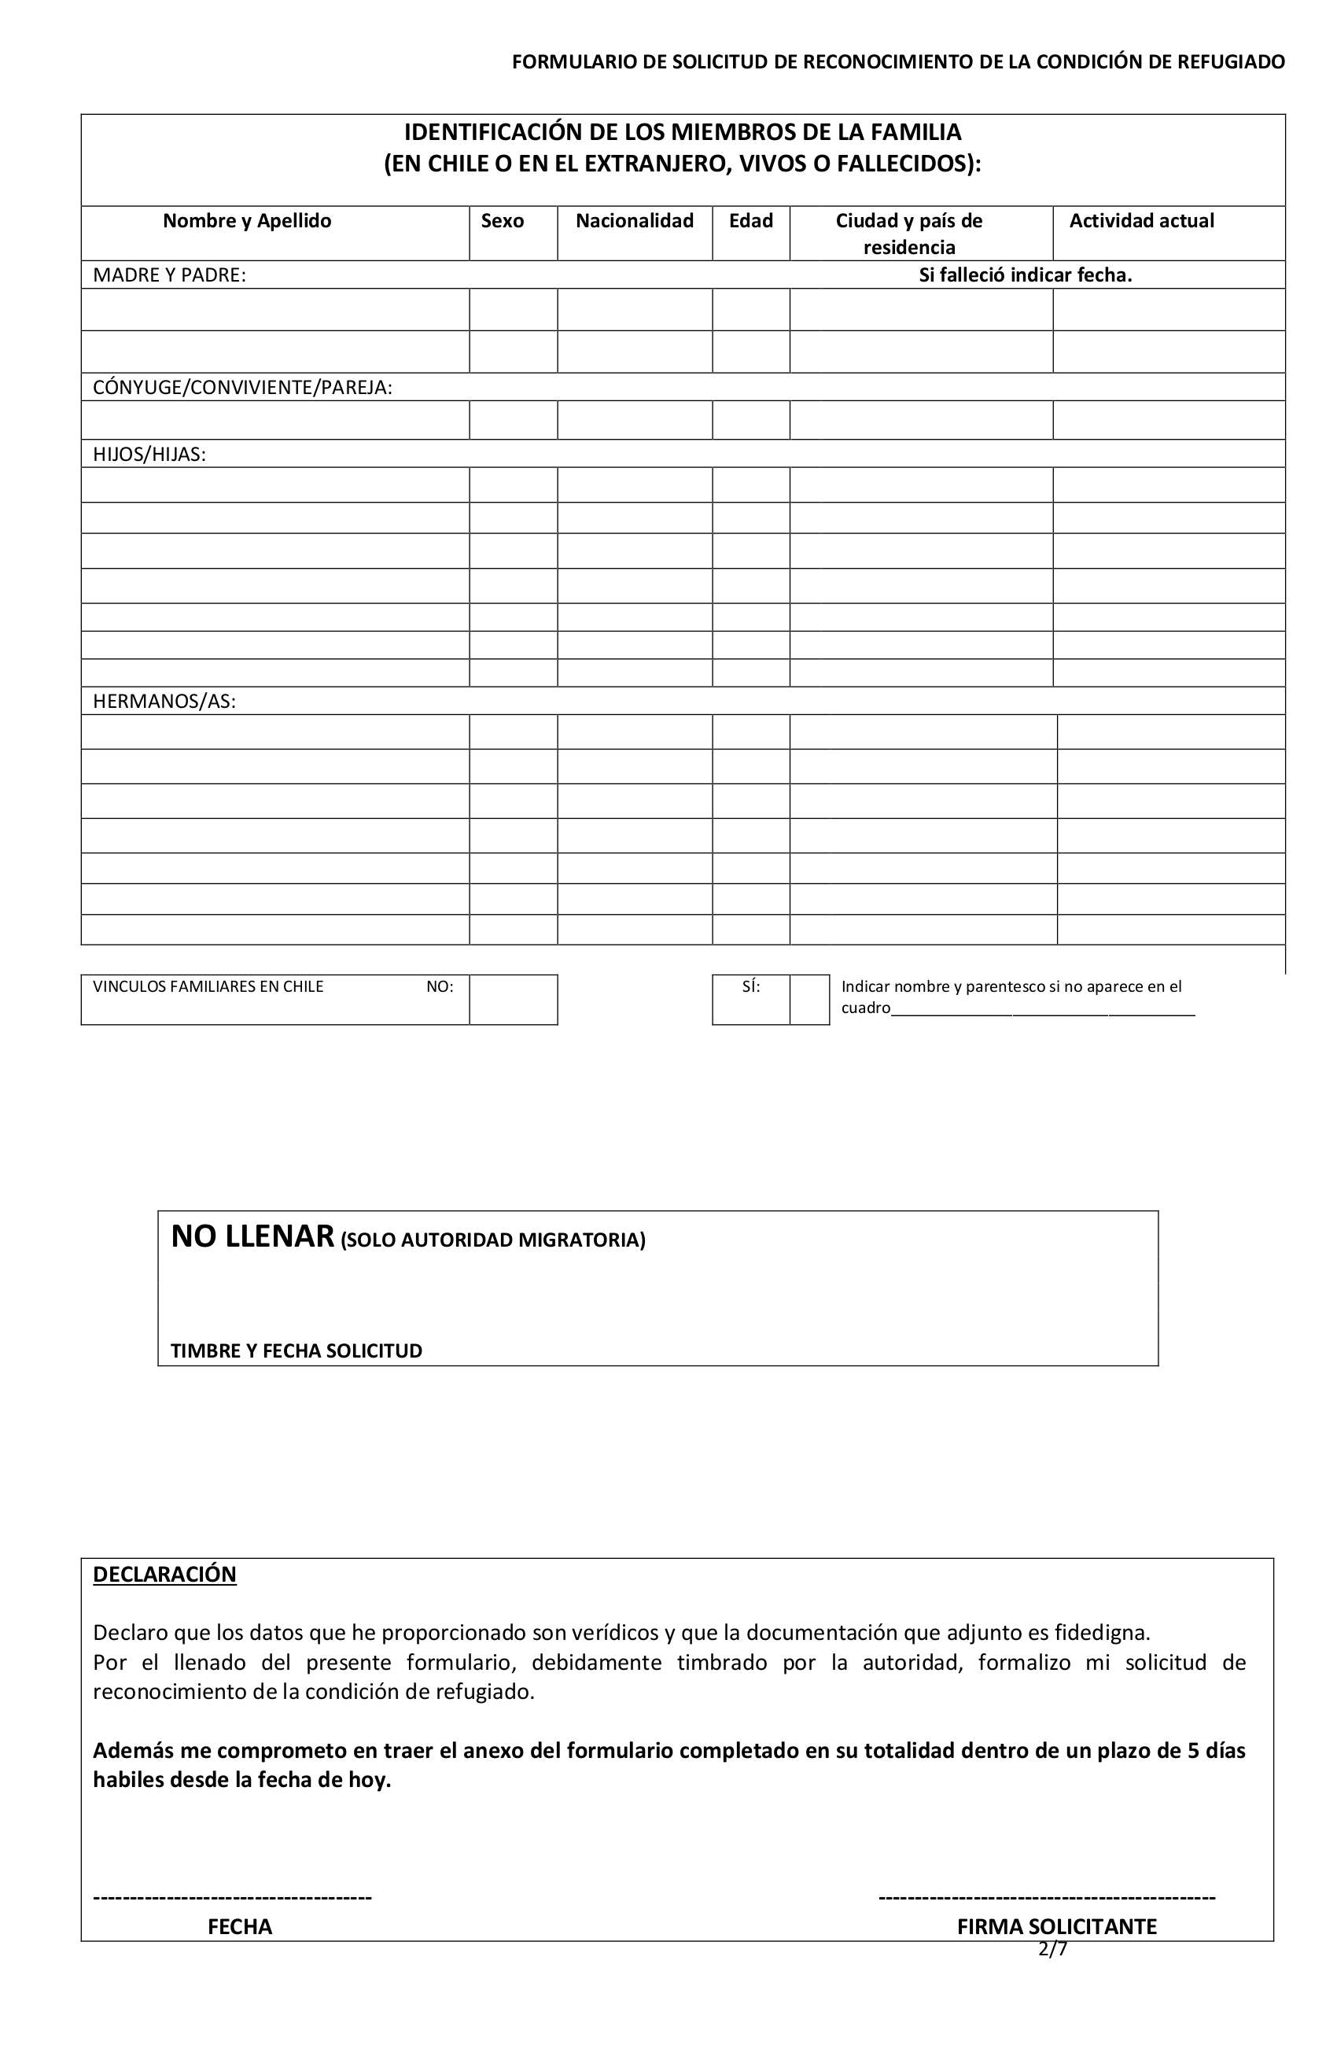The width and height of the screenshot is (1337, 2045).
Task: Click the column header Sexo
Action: tap(502, 221)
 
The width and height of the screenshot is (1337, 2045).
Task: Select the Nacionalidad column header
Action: tap(634, 221)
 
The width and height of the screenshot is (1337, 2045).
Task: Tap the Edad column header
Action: tap(750, 221)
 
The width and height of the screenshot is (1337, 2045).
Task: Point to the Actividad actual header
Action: tap(1140, 221)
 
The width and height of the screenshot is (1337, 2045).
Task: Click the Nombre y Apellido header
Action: tap(247, 221)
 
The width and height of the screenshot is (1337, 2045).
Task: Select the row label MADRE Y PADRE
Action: tap(168, 275)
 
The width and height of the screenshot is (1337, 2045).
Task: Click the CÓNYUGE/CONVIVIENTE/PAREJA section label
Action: tap(242, 388)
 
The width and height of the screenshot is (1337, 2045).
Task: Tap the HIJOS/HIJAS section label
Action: tap(149, 455)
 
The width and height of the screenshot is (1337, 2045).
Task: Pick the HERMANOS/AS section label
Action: tap(164, 701)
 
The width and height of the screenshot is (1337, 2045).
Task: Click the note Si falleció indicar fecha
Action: tap(1024, 275)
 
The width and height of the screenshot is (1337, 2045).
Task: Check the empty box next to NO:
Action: tap(513, 1000)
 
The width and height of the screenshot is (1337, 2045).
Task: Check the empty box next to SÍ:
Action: tap(808, 1000)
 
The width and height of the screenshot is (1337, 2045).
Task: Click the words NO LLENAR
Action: tap(252, 1236)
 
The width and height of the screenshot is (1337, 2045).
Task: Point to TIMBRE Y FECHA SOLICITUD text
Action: tap(296, 1350)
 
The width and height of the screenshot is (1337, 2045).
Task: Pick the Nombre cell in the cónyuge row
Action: tap(275, 420)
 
